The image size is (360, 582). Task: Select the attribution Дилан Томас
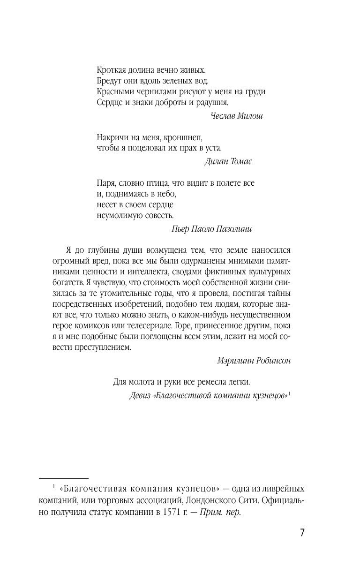click(228, 161)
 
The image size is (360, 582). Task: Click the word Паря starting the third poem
click(106, 183)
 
